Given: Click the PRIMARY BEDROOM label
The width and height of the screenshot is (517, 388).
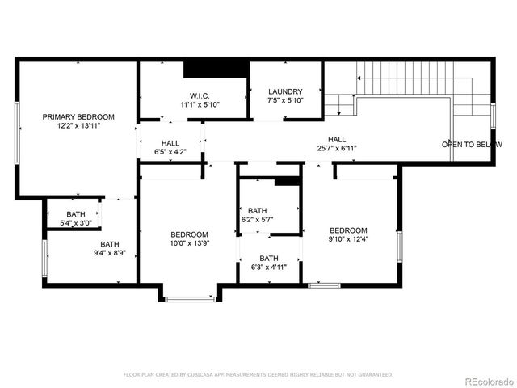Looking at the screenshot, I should point(78,116).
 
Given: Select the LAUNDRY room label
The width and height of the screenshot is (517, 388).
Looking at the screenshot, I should point(285,91).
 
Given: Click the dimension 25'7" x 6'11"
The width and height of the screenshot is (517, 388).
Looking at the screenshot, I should point(337,149).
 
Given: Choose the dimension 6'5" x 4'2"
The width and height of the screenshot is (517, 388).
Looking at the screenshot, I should point(170,152).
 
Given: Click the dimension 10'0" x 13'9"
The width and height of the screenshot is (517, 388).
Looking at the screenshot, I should point(189,243).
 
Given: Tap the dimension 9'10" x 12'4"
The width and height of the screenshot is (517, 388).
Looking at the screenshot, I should point(348,239).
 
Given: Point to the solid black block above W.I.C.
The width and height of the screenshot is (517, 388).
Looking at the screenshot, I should point(215,69).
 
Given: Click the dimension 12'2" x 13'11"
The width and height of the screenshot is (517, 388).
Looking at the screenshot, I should point(78,126).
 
